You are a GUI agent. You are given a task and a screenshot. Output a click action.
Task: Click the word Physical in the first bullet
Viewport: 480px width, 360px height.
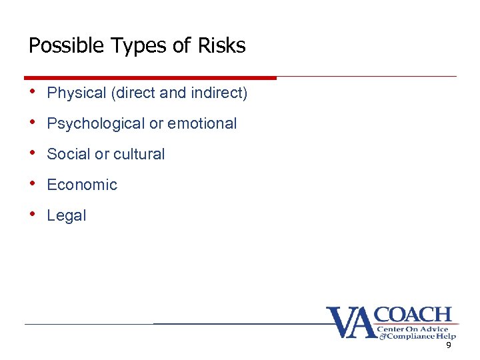(x=77, y=93)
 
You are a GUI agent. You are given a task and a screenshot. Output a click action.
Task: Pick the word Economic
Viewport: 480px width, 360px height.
(x=82, y=185)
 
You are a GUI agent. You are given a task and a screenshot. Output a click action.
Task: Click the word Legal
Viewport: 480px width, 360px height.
(x=67, y=216)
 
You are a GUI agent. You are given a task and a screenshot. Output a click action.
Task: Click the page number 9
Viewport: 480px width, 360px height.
(x=449, y=345)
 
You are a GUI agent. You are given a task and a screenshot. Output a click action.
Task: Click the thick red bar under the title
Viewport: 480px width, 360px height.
(x=150, y=77)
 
